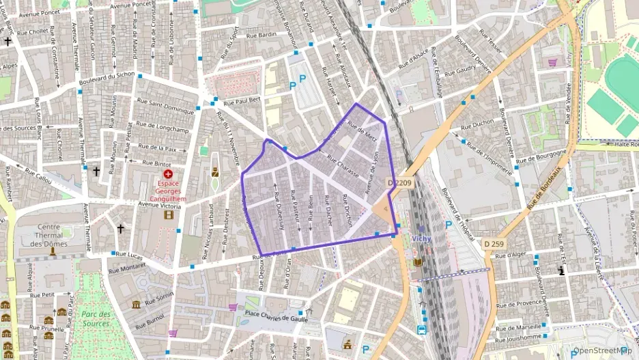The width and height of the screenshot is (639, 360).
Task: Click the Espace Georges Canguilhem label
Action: (169, 191)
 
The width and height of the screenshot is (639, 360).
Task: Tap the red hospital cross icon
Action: (169, 174)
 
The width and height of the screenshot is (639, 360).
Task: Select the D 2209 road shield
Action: (400, 182)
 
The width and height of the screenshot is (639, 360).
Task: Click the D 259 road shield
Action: (495, 243)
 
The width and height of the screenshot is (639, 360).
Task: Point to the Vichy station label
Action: (422, 238)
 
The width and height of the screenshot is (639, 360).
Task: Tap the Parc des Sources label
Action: (95, 319)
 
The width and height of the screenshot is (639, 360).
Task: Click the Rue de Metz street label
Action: (362, 132)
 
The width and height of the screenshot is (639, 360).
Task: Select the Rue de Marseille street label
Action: (520, 327)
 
